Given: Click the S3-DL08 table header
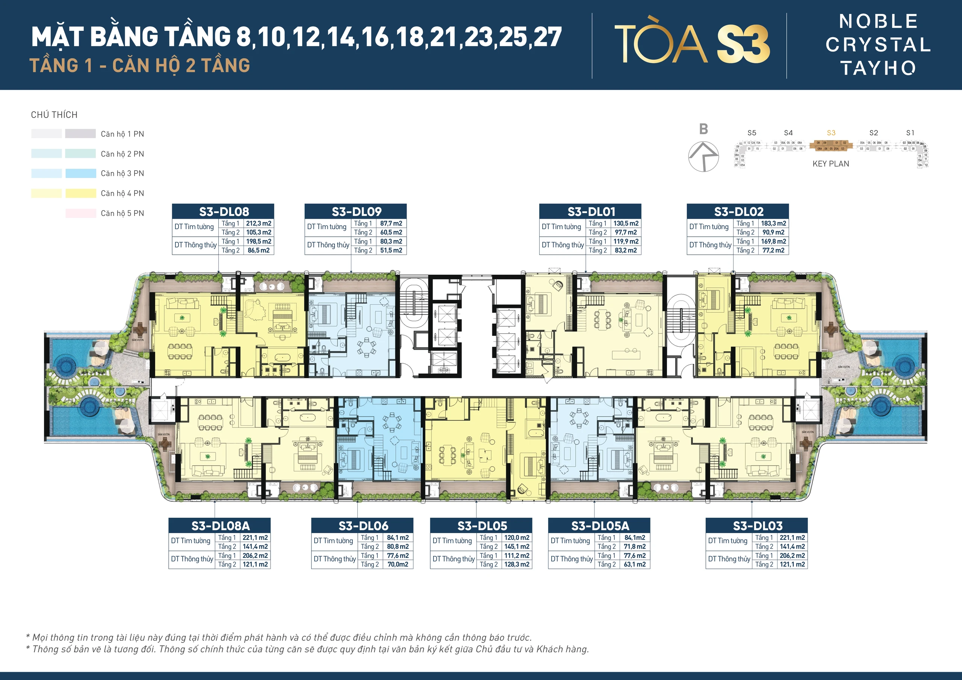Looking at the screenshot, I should [x=223, y=211].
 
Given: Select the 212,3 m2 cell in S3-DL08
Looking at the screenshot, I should [x=259, y=223].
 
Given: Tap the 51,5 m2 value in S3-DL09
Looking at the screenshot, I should [x=391, y=250].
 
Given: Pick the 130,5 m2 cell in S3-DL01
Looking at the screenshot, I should [x=626, y=223].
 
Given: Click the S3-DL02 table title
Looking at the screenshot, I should [x=738, y=211].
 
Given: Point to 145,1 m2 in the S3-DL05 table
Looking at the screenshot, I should [x=517, y=546].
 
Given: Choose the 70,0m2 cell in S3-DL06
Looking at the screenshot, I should [x=398, y=564].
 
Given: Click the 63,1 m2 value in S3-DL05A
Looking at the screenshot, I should [x=635, y=564].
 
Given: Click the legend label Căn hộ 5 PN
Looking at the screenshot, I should [x=123, y=213].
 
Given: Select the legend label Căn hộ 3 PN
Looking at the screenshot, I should [x=123, y=174].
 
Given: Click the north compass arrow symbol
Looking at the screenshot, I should [x=703, y=156].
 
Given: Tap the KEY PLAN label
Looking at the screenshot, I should [x=830, y=164].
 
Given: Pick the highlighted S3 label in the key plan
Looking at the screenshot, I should [x=831, y=133].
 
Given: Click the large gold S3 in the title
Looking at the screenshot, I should [x=743, y=44].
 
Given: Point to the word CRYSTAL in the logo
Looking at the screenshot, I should [x=878, y=45].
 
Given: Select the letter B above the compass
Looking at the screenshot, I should [x=703, y=129].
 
